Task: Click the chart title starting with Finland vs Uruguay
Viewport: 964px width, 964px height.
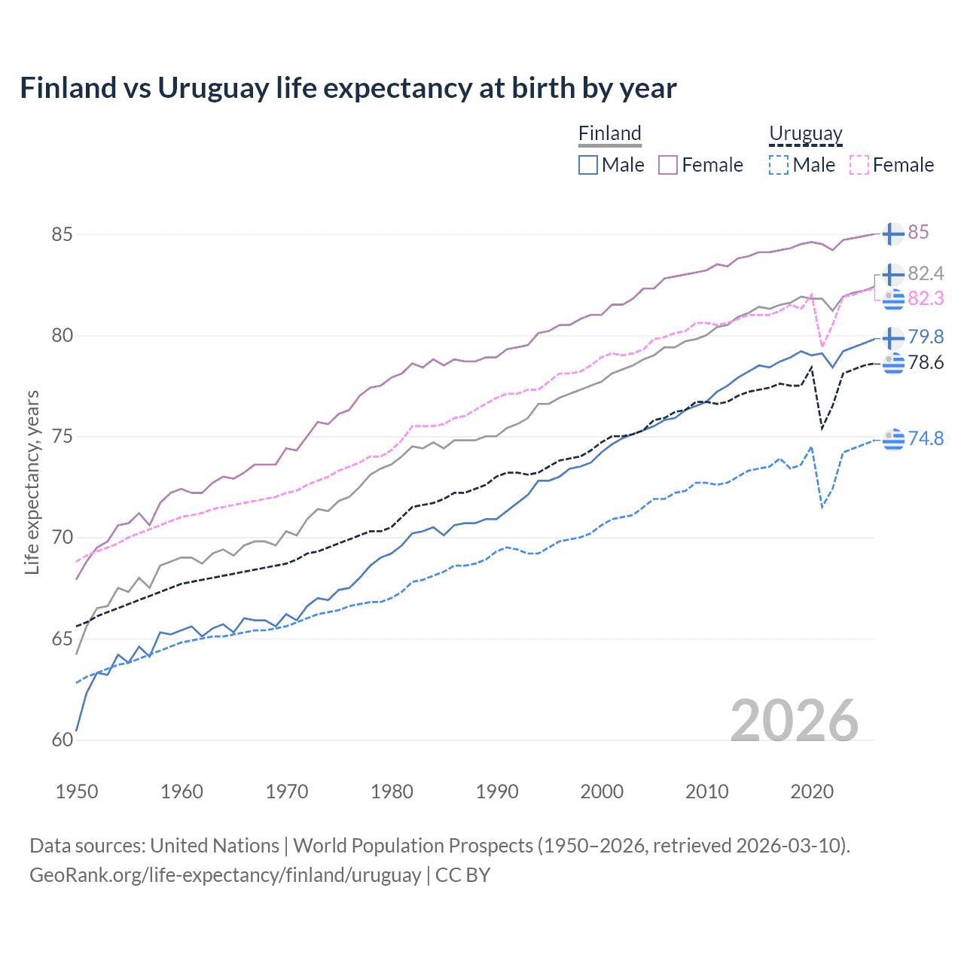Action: click(348, 88)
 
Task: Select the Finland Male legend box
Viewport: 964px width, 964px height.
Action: click(588, 165)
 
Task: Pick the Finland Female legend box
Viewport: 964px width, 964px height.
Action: click(668, 165)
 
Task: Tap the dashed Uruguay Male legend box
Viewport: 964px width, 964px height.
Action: click(779, 165)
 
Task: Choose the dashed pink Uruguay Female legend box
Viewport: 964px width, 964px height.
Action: click(859, 165)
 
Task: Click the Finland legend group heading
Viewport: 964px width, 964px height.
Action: click(610, 133)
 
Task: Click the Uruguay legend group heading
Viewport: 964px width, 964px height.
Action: click(806, 133)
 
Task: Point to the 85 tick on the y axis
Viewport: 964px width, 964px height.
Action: click(63, 234)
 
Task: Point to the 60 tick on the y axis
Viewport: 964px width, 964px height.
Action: click(63, 740)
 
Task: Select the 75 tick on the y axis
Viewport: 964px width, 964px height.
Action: click(63, 437)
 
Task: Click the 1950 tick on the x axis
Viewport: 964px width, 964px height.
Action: click(77, 792)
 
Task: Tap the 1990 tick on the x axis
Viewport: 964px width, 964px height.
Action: click(497, 792)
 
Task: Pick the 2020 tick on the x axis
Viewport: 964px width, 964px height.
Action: click(812, 792)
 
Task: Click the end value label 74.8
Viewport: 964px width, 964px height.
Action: click(926, 438)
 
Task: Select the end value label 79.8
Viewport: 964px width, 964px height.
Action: click(926, 337)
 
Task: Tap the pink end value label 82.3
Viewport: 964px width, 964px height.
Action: click(926, 299)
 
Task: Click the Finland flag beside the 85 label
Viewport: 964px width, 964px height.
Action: click(893, 233)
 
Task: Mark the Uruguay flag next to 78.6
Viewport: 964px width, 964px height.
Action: click(893, 363)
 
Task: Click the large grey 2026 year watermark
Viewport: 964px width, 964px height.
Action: click(795, 721)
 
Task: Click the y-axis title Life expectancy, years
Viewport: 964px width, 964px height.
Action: click(32, 482)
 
